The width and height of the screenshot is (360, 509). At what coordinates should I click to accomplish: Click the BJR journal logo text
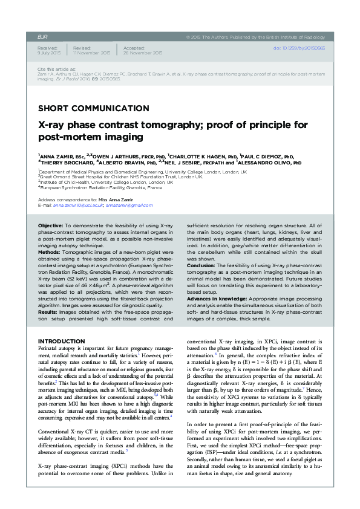click(43, 36)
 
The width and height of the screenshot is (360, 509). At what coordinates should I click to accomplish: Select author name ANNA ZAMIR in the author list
click(59, 155)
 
